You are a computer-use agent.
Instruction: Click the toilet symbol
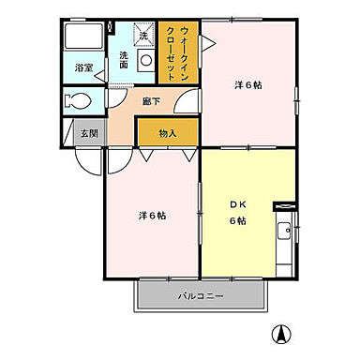[78, 101]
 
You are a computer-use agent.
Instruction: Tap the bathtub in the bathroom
[84, 38]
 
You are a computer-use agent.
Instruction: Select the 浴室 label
[83, 67]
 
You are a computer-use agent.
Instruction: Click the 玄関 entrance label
[86, 134]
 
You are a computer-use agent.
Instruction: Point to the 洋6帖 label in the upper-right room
[248, 85]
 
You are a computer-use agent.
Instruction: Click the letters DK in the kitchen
[236, 205]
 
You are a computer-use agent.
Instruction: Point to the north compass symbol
[280, 333]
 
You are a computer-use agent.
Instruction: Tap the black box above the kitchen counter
[280, 204]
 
